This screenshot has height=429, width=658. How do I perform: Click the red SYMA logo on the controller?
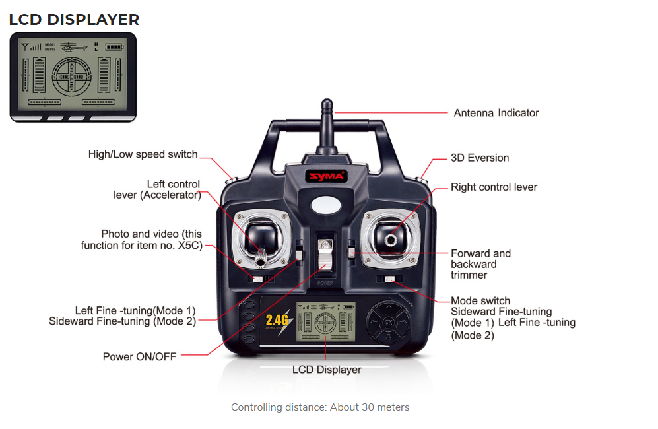[x=327, y=176]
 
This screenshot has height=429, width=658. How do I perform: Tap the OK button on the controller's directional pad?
[x=388, y=322]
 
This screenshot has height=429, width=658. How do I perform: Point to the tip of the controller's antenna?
[x=327, y=100]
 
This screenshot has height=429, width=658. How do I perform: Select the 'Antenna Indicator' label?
[x=496, y=113]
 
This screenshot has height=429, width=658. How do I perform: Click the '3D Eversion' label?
[x=480, y=158]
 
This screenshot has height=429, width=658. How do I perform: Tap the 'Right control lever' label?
[x=494, y=187]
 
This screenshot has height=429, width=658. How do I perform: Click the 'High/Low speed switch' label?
[x=143, y=154]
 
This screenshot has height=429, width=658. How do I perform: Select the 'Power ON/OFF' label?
[x=139, y=357]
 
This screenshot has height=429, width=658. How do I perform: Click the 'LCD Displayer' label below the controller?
[x=327, y=370]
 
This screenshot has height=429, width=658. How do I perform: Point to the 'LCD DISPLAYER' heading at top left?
[x=74, y=20]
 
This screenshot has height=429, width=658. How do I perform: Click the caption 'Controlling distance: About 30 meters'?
[x=320, y=407]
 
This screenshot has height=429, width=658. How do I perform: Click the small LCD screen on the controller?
[x=325, y=321]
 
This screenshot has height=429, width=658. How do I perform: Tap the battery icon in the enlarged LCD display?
[x=115, y=47]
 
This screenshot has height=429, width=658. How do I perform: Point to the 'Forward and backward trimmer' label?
[x=481, y=264]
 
